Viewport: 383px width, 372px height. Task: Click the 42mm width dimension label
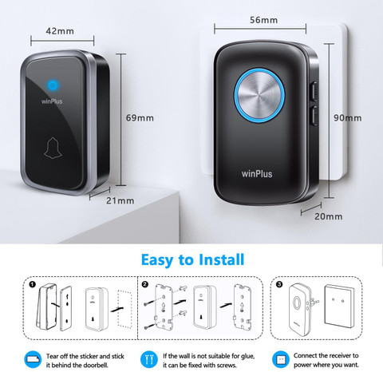60,31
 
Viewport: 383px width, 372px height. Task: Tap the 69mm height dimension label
140,118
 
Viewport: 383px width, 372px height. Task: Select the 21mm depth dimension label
120,200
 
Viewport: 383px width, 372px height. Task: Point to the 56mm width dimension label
263,20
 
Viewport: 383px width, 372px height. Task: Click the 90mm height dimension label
348,118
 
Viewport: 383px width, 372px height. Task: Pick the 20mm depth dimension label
329,216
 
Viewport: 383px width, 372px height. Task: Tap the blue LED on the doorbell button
53,85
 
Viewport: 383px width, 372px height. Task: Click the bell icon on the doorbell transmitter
53,148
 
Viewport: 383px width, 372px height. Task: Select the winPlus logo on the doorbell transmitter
52,101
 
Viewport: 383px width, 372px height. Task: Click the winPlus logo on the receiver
257,174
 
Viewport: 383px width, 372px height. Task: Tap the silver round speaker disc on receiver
259,95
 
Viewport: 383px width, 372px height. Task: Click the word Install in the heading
221,259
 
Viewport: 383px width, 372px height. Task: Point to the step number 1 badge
32,284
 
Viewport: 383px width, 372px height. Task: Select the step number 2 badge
145,284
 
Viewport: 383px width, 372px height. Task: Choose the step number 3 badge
279,284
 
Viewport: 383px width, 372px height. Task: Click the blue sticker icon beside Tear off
33,360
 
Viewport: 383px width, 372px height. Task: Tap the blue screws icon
149,360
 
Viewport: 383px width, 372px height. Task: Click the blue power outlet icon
281,360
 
